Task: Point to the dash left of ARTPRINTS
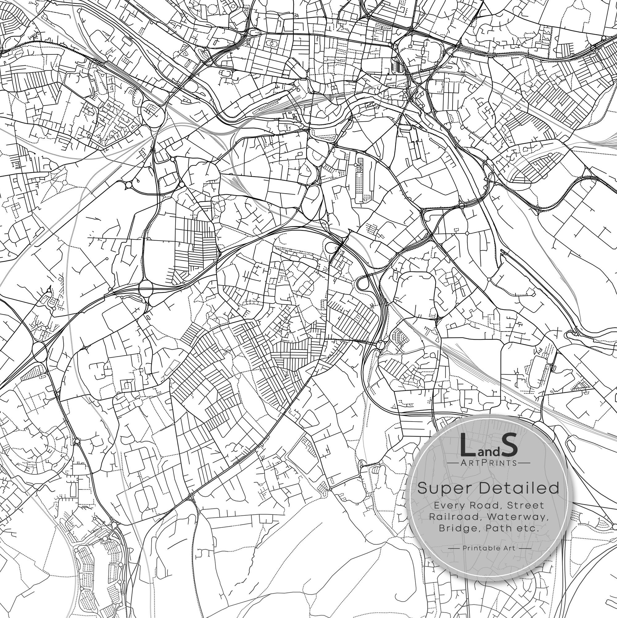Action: click(x=453, y=463)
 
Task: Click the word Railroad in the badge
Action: click(x=454, y=517)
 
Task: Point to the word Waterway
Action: click(x=515, y=517)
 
